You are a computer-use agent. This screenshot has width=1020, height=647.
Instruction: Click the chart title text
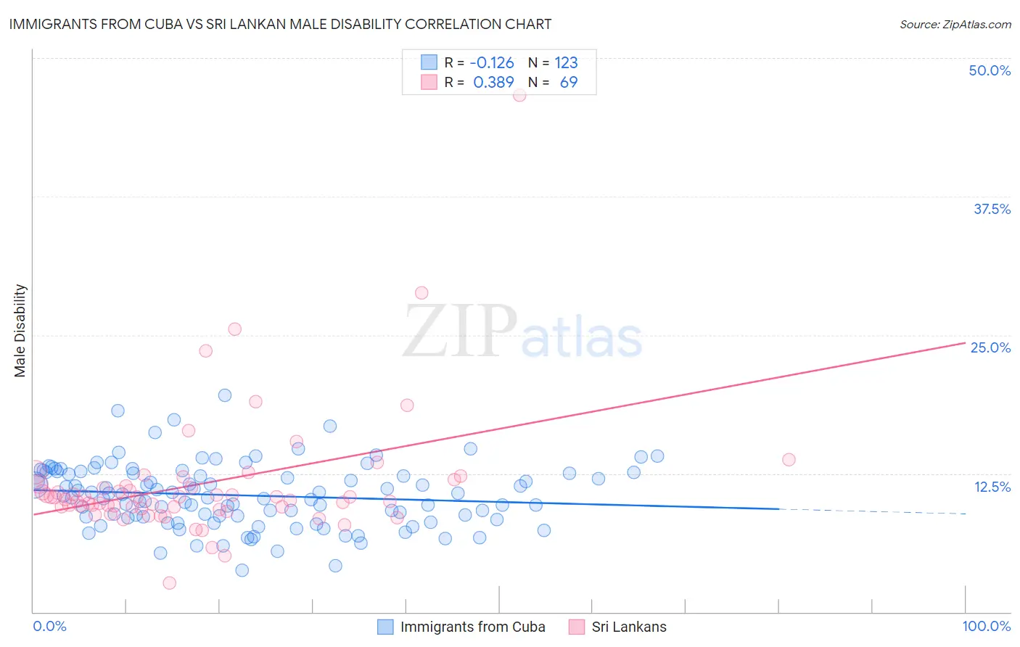click(x=280, y=24)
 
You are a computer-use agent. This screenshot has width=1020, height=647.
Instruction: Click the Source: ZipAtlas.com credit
click(x=955, y=24)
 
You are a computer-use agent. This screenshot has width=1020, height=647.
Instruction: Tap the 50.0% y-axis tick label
click(x=990, y=70)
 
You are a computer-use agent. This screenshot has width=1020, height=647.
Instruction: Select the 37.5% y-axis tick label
click(x=992, y=209)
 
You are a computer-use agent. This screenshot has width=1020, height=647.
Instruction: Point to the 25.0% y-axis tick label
click(x=990, y=347)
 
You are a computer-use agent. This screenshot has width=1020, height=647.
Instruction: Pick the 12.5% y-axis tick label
click(x=992, y=487)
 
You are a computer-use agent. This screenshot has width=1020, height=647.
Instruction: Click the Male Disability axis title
click(x=20, y=331)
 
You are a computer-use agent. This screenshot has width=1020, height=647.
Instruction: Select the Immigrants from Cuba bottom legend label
click(x=472, y=627)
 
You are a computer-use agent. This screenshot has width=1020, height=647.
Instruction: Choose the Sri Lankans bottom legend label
click(x=628, y=627)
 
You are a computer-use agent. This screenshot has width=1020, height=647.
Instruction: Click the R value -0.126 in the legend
click(x=492, y=63)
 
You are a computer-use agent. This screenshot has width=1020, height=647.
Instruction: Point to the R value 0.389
click(x=493, y=83)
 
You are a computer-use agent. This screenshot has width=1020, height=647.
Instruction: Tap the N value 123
click(x=566, y=63)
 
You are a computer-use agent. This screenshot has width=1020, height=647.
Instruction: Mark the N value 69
click(x=569, y=83)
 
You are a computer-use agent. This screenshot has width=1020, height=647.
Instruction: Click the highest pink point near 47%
click(x=519, y=95)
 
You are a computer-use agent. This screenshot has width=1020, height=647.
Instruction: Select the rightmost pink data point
click(x=789, y=459)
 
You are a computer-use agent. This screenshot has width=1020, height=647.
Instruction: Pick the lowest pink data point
click(x=169, y=582)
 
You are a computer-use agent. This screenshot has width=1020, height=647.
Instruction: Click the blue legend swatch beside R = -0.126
click(x=429, y=62)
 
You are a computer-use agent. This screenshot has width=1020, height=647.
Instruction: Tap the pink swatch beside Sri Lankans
click(x=577, y=627)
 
